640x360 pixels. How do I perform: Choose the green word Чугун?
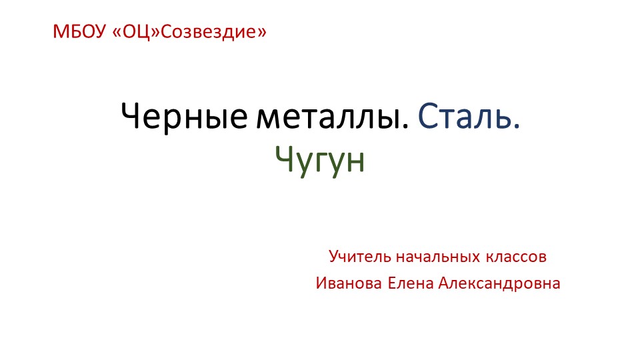coord(320,159)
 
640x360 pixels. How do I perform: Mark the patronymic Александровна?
coord(499,283)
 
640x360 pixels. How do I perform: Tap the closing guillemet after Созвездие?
coord(262,32)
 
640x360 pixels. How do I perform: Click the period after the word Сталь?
coord(516,127)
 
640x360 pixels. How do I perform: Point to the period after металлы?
coord(407,127)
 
